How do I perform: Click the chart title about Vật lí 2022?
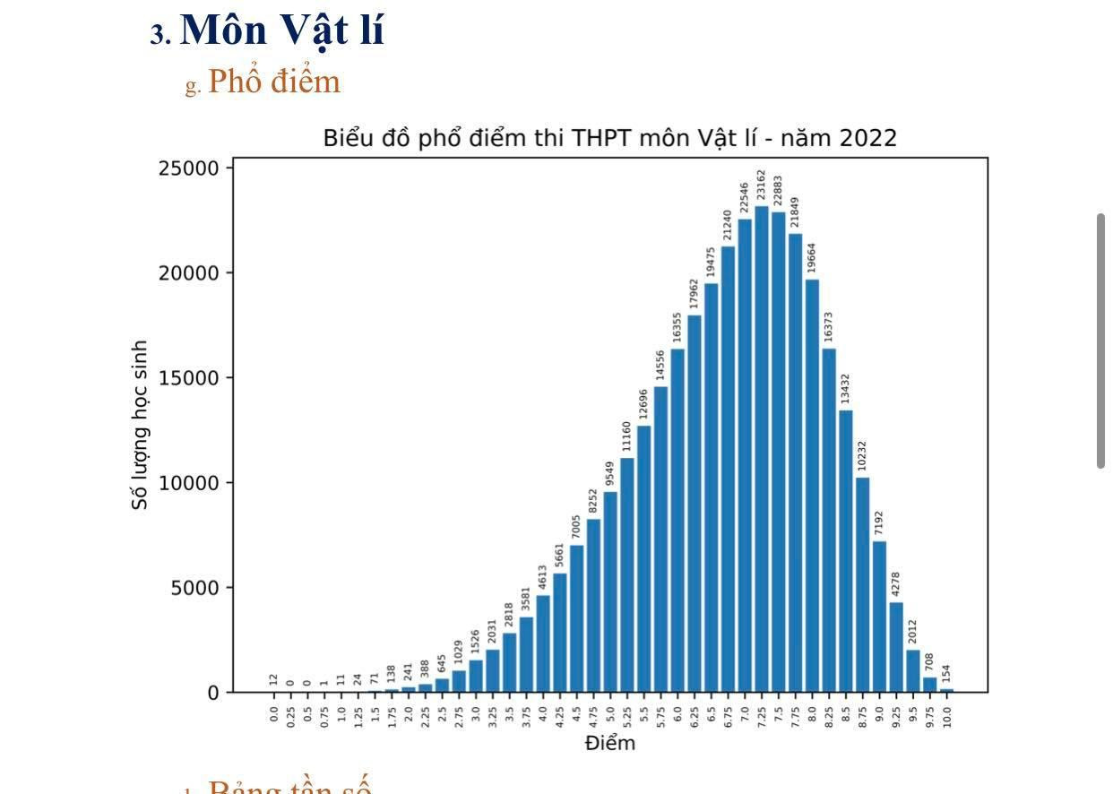[x=609, y=138]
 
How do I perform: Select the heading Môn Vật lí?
[x=281, y=30]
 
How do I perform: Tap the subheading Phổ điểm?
[x=274, y=82]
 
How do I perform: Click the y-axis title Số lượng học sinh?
[x=140, y=425]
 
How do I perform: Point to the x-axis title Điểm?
[x=609, y=743]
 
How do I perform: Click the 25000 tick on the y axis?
[x=188, y=168]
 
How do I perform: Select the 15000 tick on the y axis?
[x=188, y=378]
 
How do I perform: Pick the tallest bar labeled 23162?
[x=762, y=448]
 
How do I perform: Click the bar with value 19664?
[x=812, y=484]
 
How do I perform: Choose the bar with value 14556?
[x=660, y=538]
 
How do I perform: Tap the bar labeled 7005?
[x=576, y=618]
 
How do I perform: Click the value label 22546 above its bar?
[x=745, y=199]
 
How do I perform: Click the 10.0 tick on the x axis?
[x=946, y=716]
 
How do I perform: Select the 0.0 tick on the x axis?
[x=273, y=715]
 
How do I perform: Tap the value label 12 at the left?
[x=273, y=680]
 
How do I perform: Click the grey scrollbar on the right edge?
[x=1101, y=341]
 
